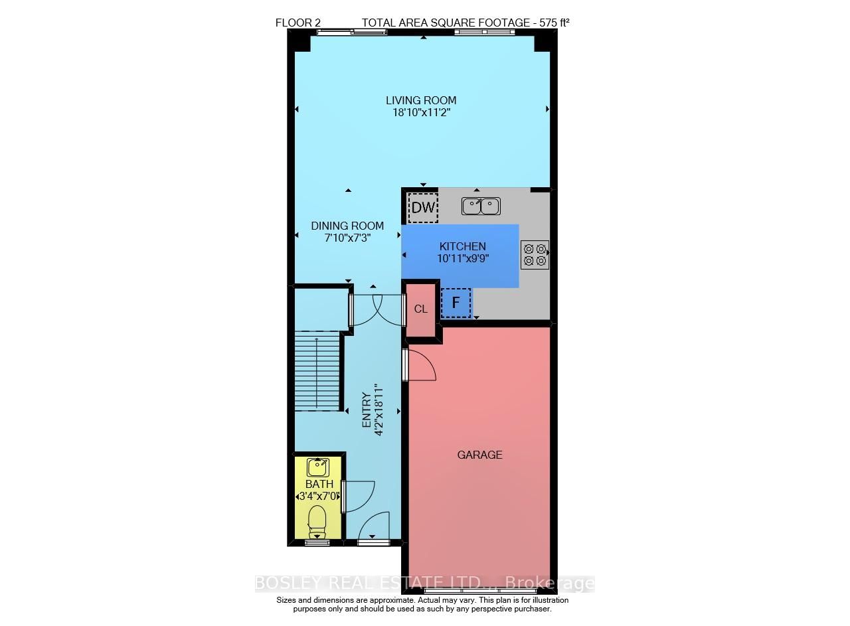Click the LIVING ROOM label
421,100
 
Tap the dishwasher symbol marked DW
423,207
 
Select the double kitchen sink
481,206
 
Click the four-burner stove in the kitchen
535,254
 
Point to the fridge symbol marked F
456,303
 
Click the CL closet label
421,309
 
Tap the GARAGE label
479,455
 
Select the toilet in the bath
317,521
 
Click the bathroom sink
319,467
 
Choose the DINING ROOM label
347,226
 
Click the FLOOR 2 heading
298,23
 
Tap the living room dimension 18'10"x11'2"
421,112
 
